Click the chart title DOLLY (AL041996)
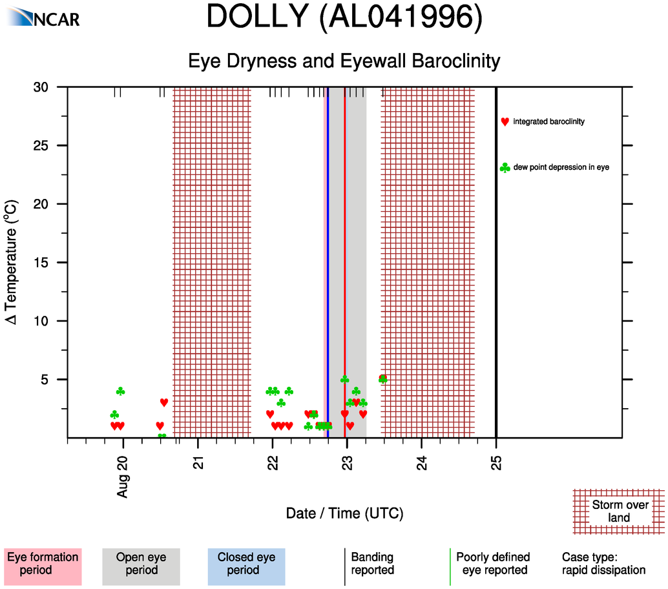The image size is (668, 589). [x=344, y=18]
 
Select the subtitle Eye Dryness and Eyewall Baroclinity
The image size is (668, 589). [x=344, y=61]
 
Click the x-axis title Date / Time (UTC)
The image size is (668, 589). [x=344, y=514]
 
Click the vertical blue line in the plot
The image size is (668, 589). [x=328, y=258]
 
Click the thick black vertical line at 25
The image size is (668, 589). [x=496, y=258]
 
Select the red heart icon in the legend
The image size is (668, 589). [x=505, y=121]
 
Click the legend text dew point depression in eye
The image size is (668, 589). [x=566, y=168]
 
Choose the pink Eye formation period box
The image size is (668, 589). [x=42, y=563]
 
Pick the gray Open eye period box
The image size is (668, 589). [x=141, y=563]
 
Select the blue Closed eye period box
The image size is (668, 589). [x=246, y=563]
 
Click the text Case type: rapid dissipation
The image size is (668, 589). [x=603, y=563]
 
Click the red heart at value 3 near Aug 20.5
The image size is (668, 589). [x=164, y=402]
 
